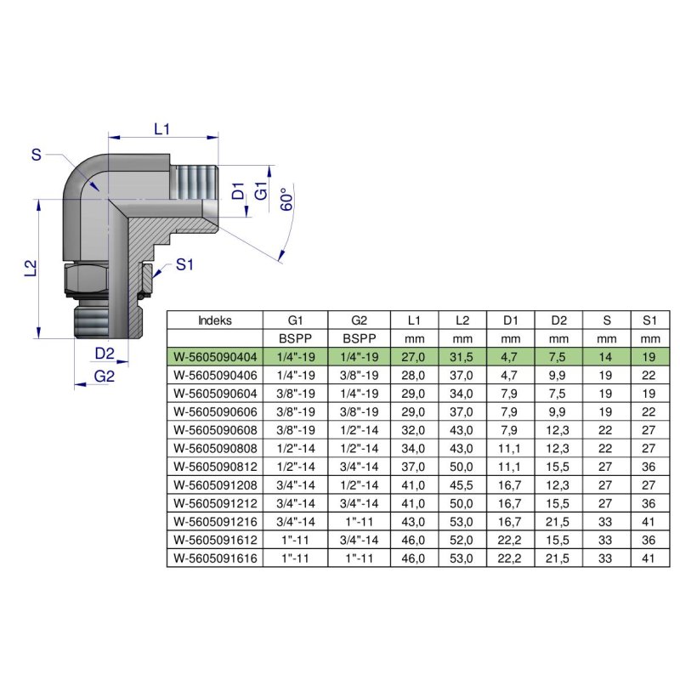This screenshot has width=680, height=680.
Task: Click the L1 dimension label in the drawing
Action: click(x=162, y=129)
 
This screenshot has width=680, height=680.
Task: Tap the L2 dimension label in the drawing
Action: click(x=31, y=268)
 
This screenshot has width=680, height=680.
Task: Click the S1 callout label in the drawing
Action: click(x=185, y=264)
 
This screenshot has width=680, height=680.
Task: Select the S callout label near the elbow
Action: click(x=36, y=154)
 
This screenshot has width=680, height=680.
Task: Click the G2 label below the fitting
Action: click(x=104, y=376)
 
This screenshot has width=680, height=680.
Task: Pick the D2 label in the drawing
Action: click(x=105, y=353)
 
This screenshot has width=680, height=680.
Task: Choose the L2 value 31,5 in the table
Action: click(x=462, y=357)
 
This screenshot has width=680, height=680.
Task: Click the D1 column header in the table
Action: click(x=510, y=321)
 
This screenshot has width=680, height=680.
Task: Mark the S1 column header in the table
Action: click(x=650, y=321)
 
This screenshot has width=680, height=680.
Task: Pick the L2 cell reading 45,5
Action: click(x=462, y=482)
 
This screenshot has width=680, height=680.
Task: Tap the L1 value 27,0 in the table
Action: click(x=414, y=357)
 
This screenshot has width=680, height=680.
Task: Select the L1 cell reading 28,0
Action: click(x=414, y=375)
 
